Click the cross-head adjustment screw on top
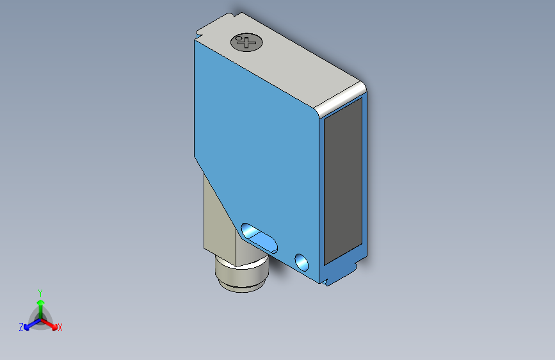(x=246, y=43)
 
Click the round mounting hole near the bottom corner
(x=301, y=261)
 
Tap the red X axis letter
(x=60, y=328)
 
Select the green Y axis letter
(x=40, y=292)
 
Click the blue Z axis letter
(x=21, y=327)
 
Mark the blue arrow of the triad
(x=29, y=324)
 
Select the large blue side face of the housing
(x=262, y=141)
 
